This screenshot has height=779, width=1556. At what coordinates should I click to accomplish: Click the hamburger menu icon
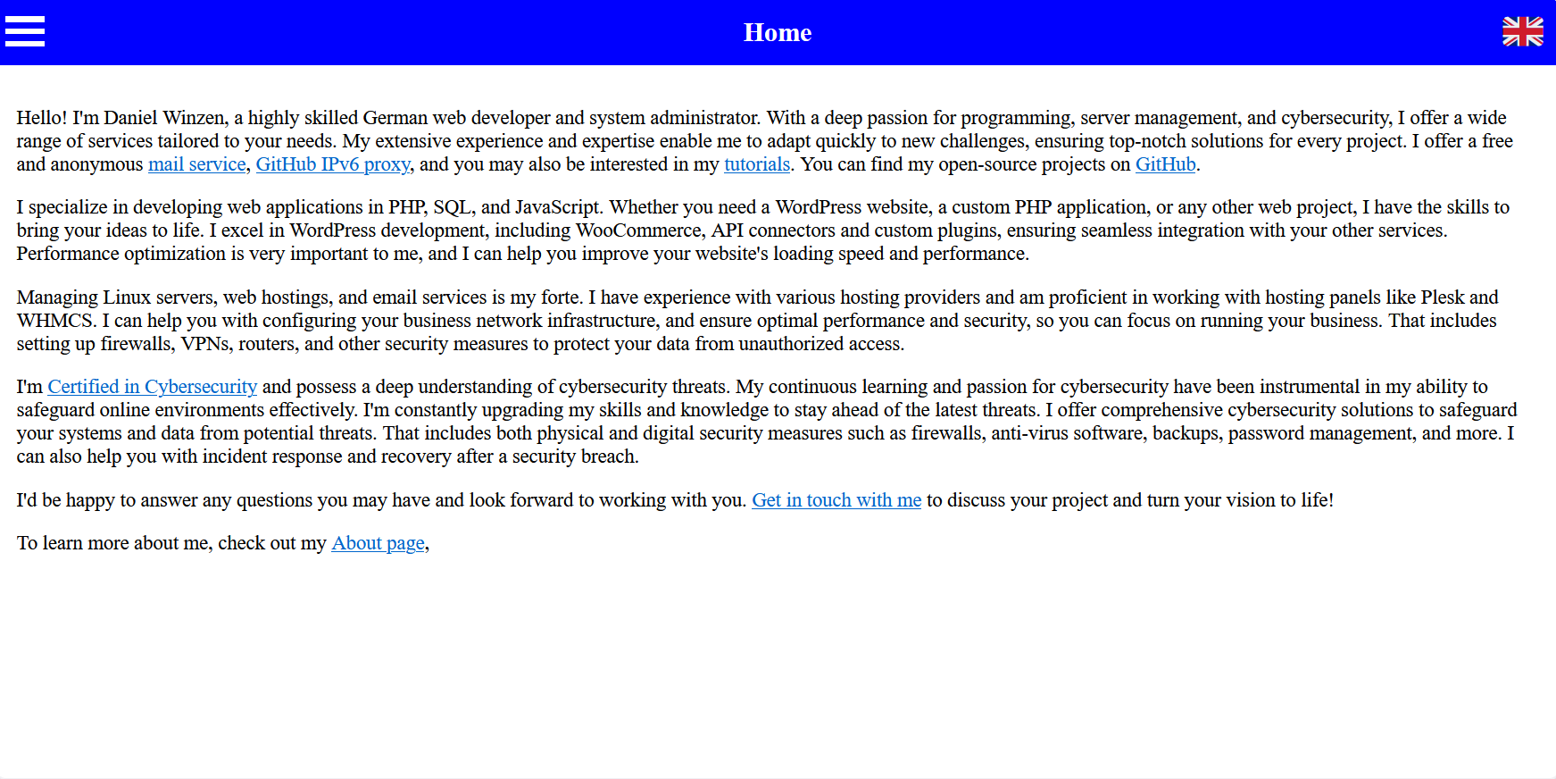[25, 31]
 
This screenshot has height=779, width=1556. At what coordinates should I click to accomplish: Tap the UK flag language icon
[1522, 31]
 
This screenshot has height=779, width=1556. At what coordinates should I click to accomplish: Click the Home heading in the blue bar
[778, 33]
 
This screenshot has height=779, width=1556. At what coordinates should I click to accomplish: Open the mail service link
[196, 164]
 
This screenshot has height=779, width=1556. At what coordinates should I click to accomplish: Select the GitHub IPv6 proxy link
[333, 164]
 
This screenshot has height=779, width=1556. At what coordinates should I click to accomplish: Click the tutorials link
[757, 164]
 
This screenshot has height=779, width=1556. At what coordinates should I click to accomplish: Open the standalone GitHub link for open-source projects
[1165, 164]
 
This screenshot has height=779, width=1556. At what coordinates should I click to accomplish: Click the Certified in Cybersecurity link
[152, 387]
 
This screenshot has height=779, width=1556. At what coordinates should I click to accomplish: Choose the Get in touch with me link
[836, 500]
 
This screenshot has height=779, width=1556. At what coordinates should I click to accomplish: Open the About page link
[378, 543]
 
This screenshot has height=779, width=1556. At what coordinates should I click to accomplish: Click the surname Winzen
[194, 118]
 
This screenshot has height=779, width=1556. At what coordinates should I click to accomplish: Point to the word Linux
[127, 297]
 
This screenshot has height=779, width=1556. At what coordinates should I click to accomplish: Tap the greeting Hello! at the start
[41, 118]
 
